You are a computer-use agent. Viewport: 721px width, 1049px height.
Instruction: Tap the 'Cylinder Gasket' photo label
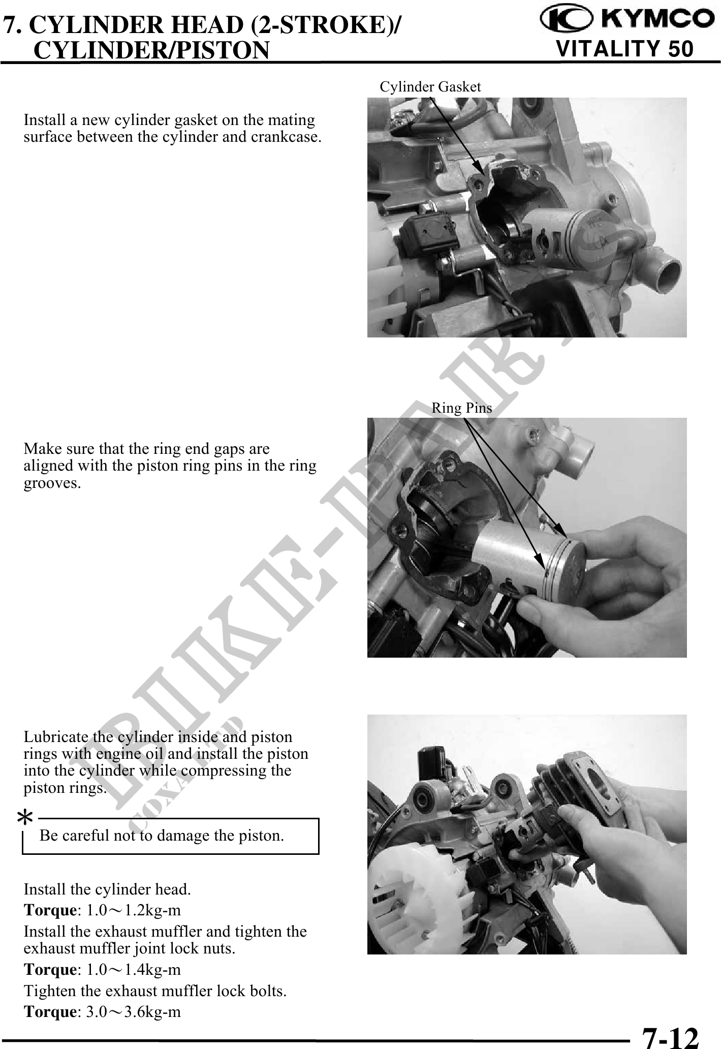[x=430, y=87]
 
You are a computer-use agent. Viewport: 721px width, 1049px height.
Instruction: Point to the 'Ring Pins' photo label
[x=462, y=408]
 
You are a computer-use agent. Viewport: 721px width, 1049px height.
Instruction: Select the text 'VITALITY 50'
[x=625, y=49]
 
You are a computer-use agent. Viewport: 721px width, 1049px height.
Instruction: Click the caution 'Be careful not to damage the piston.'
[x=162, y=836]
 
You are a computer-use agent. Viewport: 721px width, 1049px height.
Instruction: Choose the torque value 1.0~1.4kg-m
[x=133, y=969]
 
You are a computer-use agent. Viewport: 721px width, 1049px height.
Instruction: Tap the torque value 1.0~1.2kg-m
[x=133, y=909]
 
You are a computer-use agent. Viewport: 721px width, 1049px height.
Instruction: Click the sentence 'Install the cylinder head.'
[x=107, y=889]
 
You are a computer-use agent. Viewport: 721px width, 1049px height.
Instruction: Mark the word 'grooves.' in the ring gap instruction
[x=52, y=483]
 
